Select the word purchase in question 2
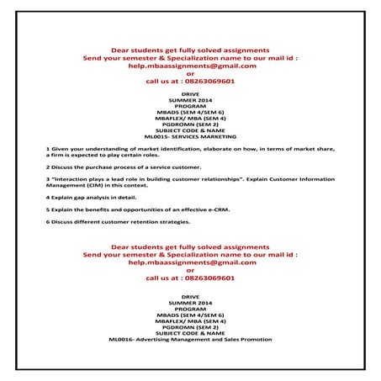pos(93,167)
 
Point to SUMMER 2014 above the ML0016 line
pos(190,301)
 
